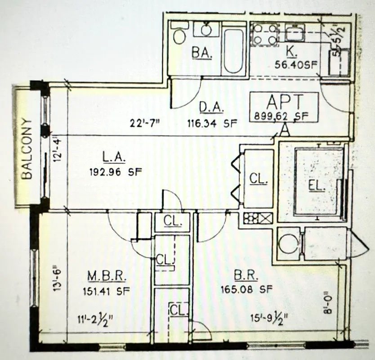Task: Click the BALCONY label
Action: (27, 149)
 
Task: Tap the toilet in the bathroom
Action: (179, 35)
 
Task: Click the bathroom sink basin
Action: (206, 30)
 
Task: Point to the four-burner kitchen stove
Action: (264, 34)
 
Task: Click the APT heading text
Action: (284, 101)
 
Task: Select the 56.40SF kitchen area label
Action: (296, 64)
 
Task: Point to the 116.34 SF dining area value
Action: (212, 122)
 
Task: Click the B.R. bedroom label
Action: (244, 275)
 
